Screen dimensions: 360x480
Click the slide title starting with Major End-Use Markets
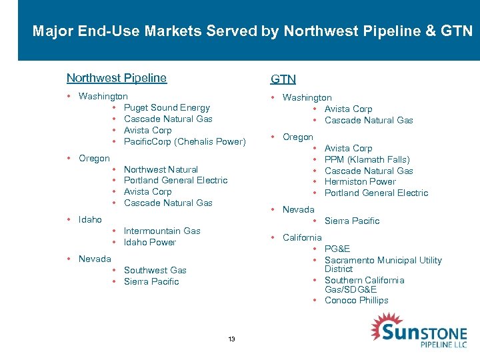[252, 31]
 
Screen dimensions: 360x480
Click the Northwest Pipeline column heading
[117, 78]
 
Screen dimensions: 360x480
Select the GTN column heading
[283, 79]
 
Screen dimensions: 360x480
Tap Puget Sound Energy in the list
[167, 108]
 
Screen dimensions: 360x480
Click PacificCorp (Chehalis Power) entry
[185, 141]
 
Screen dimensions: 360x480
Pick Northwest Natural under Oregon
[161, 169]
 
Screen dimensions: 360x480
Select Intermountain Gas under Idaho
[162, 231]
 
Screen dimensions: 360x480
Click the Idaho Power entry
[150, 242]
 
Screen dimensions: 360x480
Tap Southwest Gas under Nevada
[155, 270]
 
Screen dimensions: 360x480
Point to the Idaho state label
[90, 219]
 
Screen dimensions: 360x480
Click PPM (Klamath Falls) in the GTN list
[367, 159]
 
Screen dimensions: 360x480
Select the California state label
[302, 237]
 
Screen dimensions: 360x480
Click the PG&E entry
[337, 249]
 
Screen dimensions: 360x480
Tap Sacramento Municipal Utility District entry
[383, 264]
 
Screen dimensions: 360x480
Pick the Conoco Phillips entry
[357, 300]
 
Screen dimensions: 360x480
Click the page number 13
[231, 339]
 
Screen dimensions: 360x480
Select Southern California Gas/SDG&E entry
[364, 285]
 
